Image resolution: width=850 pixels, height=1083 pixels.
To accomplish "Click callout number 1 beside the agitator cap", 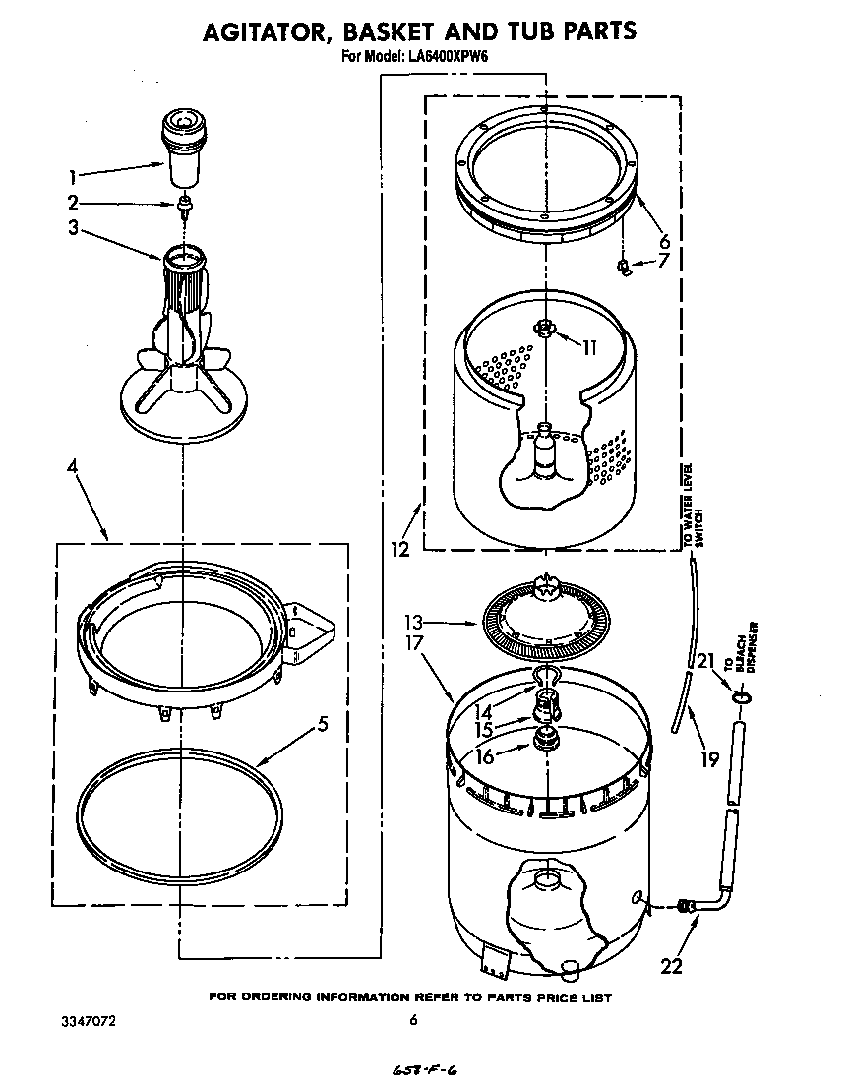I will point(72,178).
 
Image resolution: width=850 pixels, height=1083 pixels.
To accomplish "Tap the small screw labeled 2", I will point(184,207).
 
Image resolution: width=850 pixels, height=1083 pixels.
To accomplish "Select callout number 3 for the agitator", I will point(72,230).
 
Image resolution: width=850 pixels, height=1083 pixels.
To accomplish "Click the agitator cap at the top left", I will point(184,148).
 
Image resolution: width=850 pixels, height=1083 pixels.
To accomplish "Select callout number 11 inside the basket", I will point(589,346).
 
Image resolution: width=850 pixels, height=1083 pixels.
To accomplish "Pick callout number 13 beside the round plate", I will point(413,622).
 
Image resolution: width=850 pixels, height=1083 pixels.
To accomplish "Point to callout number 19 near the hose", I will point(708,758).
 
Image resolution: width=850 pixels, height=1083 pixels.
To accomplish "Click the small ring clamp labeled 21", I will point(738,697).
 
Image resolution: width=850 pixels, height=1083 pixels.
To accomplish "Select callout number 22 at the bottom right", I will point(671,966).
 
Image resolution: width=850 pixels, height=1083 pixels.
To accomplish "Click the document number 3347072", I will point(89,1021).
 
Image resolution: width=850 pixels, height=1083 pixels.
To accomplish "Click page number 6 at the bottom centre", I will point(414,1021).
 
